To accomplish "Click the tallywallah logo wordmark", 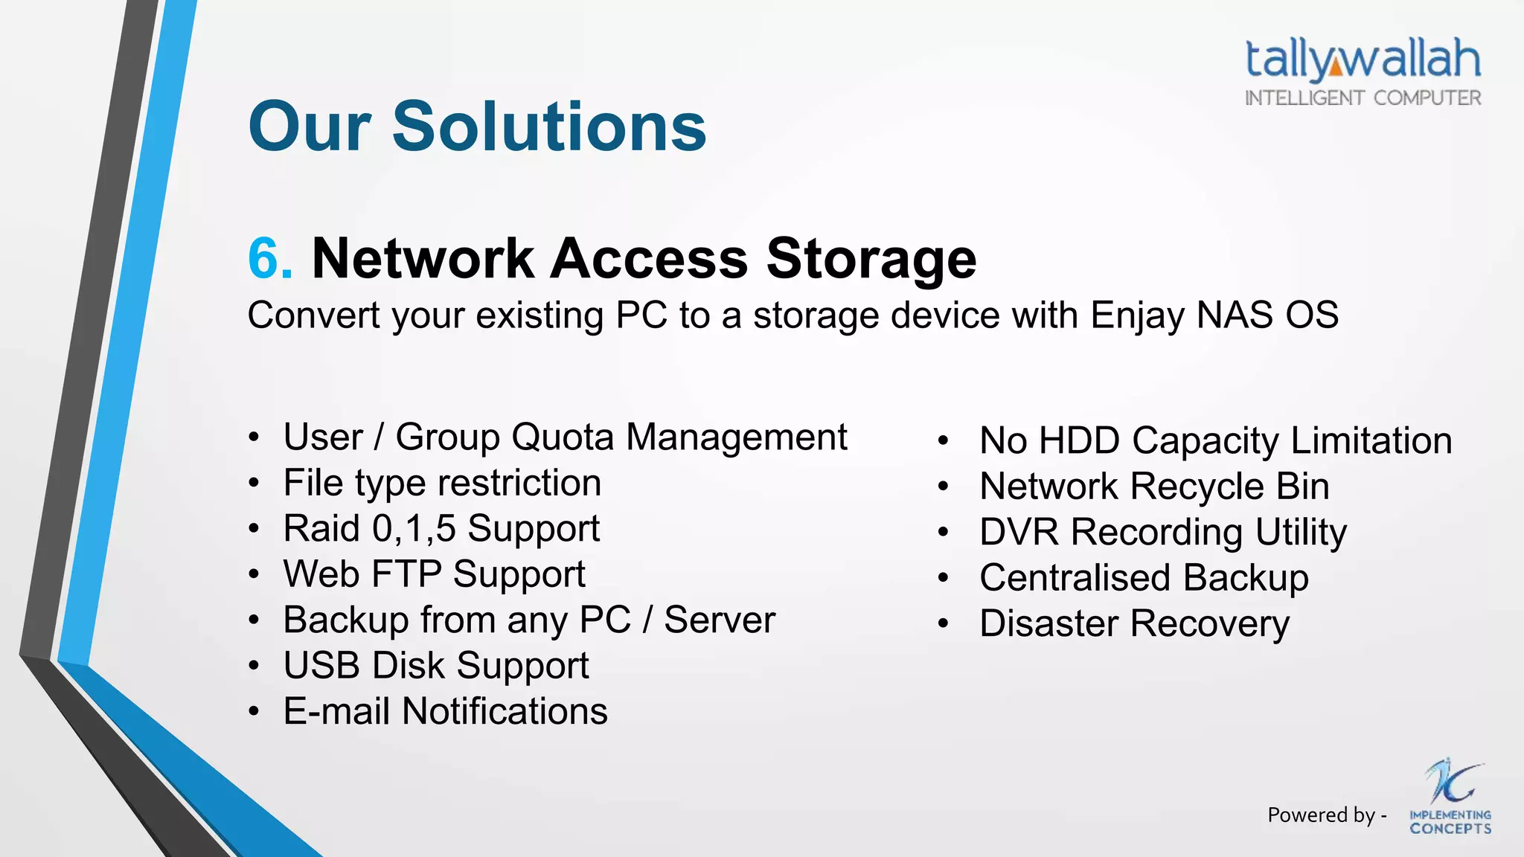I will point(1363,59).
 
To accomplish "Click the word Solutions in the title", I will point(549,126).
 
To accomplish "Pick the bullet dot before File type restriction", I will point(254,484).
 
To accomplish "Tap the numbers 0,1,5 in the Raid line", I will point(414,528).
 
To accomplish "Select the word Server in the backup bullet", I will point(719,620).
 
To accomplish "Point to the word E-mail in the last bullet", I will point(336,711).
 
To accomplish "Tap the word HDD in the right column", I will point(1079,440).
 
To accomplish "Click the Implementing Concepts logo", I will point(1450,797).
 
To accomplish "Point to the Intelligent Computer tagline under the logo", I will point(1363,98).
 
